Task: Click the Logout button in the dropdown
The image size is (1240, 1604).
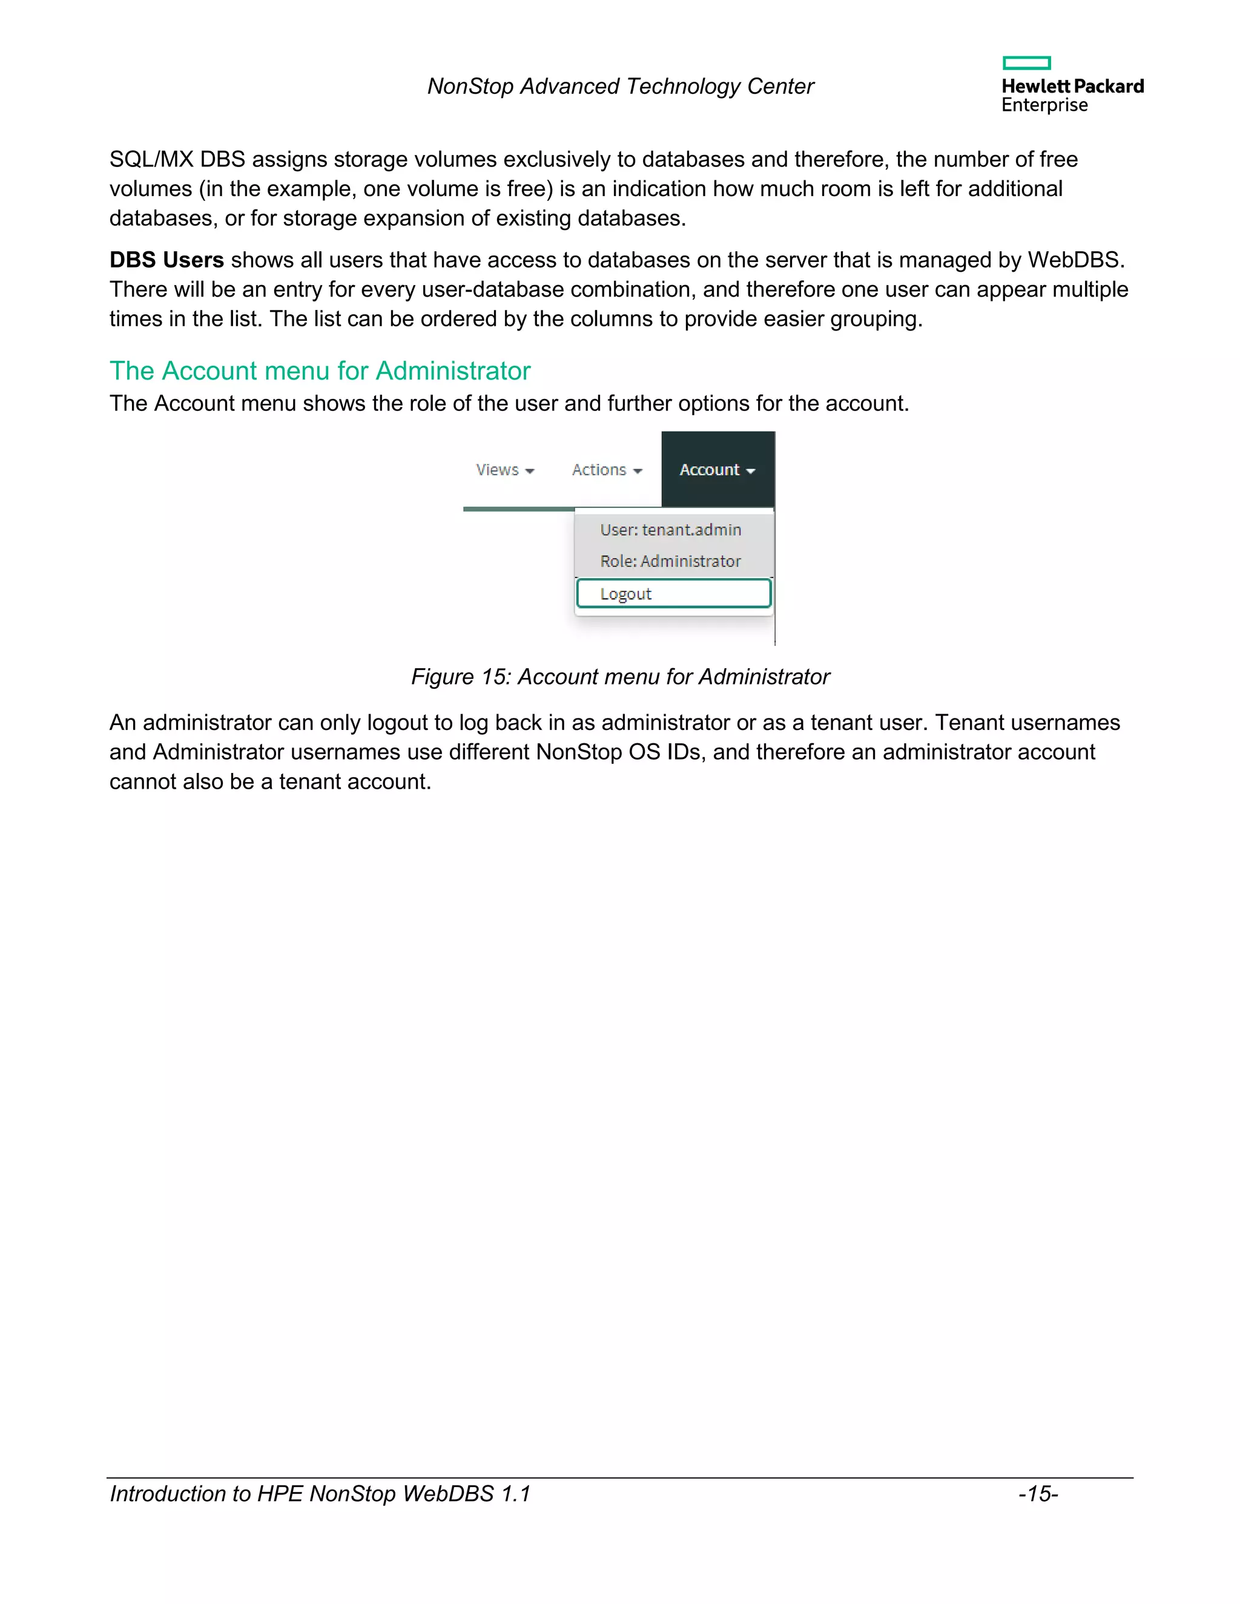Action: point(673,593)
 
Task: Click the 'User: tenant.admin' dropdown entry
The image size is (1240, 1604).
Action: point(670,530)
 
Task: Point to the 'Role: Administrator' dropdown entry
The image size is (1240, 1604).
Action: point(670,561)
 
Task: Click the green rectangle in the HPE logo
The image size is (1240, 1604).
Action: point(1026,63)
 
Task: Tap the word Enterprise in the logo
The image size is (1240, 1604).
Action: point(1044,105)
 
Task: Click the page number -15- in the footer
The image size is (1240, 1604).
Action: point(1037,1494)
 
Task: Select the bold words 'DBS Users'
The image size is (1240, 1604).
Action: point(167,260)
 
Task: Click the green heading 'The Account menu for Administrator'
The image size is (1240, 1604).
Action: point(320,371)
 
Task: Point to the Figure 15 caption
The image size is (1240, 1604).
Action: point(620,677)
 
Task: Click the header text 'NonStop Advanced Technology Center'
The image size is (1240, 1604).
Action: point(620,87)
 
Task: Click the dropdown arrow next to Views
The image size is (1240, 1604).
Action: point(530,472)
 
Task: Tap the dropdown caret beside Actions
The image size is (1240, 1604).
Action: point(638,472)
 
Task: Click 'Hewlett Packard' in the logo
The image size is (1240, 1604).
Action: point(1072,87)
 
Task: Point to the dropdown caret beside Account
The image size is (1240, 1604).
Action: point(750,472)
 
